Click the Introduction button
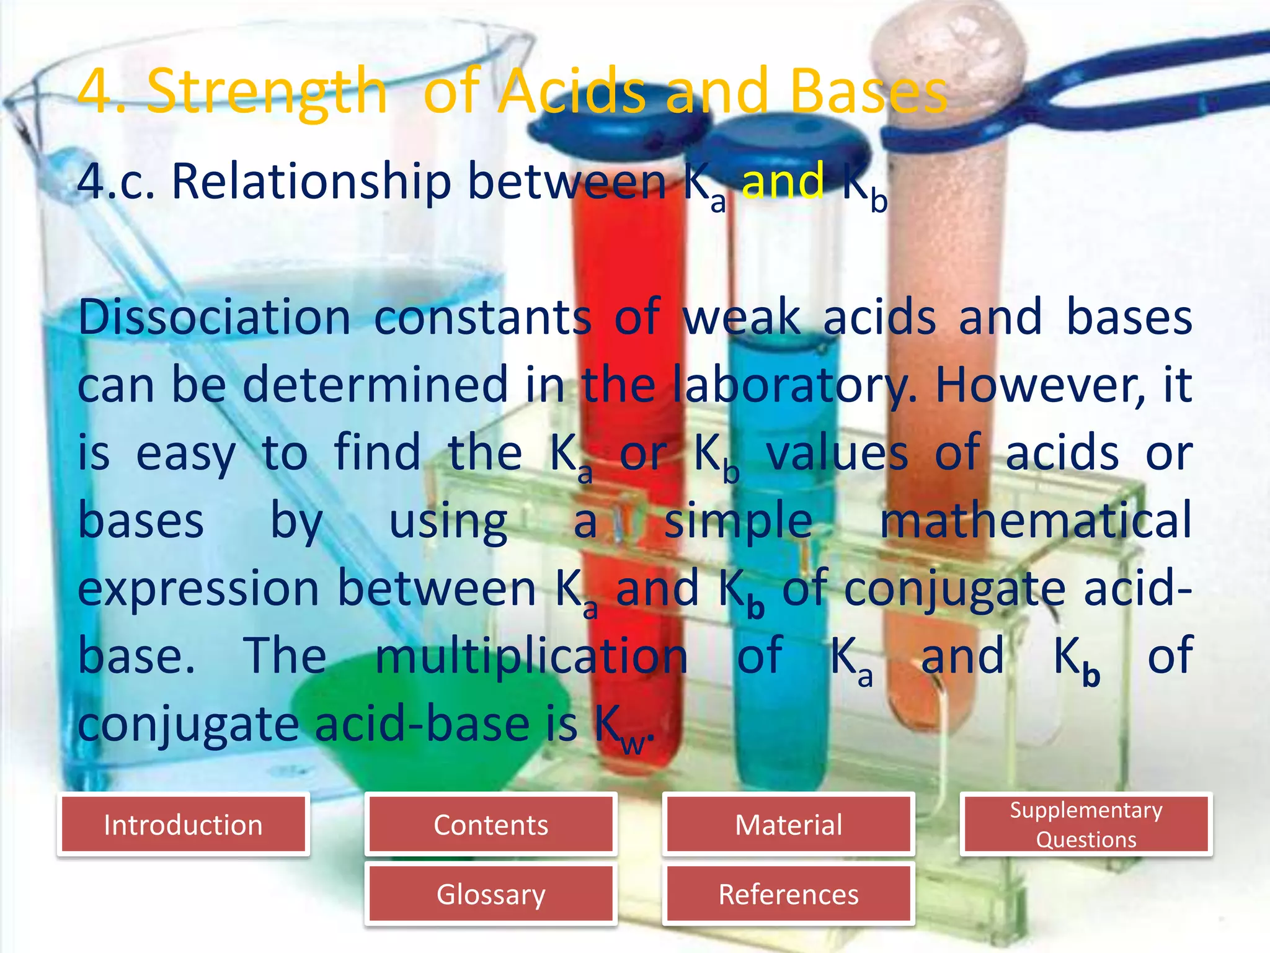point(183,825)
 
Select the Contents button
point(491,825)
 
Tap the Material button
point(788,825)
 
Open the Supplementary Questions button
point(1086,825)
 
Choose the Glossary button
point(491,894)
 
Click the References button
point(788,894)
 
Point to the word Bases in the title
point(868,92)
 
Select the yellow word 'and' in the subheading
point(783,181)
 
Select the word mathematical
point(1036,521)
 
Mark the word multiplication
point(531,656)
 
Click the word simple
point(738,521)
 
